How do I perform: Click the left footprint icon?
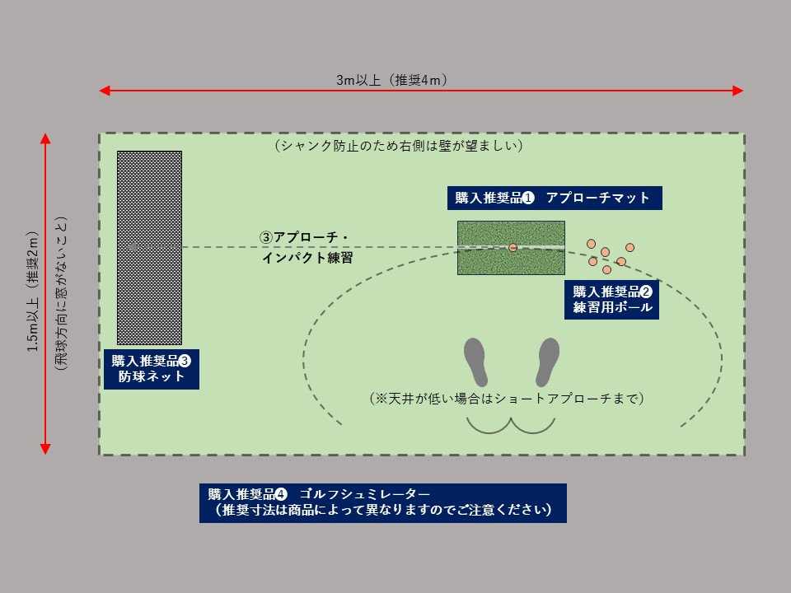475,362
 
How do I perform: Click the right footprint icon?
547,362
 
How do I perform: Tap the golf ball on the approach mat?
513,248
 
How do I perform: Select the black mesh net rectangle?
149,248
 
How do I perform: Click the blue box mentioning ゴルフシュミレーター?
383,502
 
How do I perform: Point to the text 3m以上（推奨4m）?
392,80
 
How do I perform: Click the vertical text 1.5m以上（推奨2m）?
33,292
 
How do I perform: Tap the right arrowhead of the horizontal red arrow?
738,91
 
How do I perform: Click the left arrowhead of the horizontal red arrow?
105,91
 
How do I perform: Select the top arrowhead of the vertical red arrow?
45,138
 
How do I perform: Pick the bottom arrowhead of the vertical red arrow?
45,449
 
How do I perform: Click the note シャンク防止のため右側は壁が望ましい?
399,146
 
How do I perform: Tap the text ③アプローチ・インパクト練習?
307,247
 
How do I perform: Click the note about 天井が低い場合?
507,399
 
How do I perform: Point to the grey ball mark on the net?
133,247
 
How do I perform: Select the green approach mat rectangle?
511,248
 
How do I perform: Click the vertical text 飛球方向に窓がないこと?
61,293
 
